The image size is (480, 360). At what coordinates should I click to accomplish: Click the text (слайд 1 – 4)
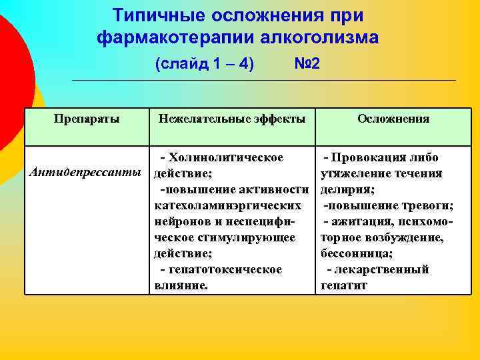[x=205, y=65]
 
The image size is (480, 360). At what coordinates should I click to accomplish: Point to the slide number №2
[x=307, y=65]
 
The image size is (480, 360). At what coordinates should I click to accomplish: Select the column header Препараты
[x=87, y=119]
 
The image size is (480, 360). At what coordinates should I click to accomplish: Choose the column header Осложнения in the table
[x=393, y=119]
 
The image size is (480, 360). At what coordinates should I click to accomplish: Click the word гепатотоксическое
[x=225, y=270]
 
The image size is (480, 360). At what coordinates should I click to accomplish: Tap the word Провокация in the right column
[x=371, y=158]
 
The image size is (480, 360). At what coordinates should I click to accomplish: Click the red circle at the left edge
[x=10, y=73]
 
